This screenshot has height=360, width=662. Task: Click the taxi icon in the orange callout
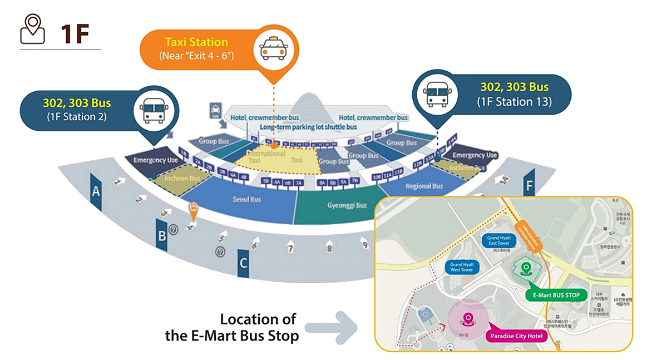pyautogui.click(x=273, y=48)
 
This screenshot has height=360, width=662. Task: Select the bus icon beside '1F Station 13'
pyautogui.click(x=436, y=93)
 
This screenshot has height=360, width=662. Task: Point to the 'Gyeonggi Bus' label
pyautogui.click(x=347, y=205)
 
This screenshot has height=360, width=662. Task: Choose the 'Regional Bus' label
pyautogui.click(x=424, y=186)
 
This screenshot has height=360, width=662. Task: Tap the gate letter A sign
pyautogui.click(x=96, y=192)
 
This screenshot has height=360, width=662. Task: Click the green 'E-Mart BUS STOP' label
pyautogui.click(x=556, y=295)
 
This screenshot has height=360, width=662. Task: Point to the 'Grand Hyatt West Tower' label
pyautogui.click(x=462, y=267)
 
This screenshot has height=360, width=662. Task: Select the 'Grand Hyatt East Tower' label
pyautogui.click(x=498, y=240)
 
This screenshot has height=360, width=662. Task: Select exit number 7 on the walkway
pyautogui.click(x=290, y=248)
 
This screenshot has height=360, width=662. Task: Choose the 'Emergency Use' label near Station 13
pyautogui.click(x=475, y=155)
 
